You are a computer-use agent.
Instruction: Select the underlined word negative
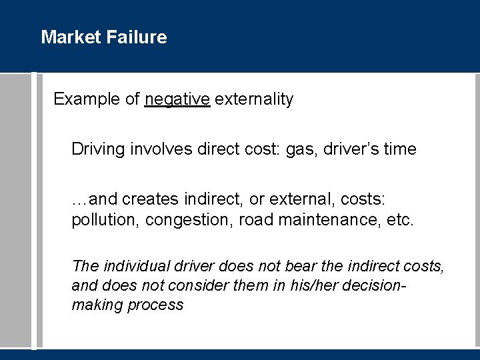pyautogui.click(x=177, y=100)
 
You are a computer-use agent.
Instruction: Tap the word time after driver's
pyautogui.click(x=399, y=149)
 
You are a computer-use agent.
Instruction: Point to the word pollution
pyautogui.click(x=101, y=220)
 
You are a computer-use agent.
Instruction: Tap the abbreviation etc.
pyautogui.click(x=399, y=220)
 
